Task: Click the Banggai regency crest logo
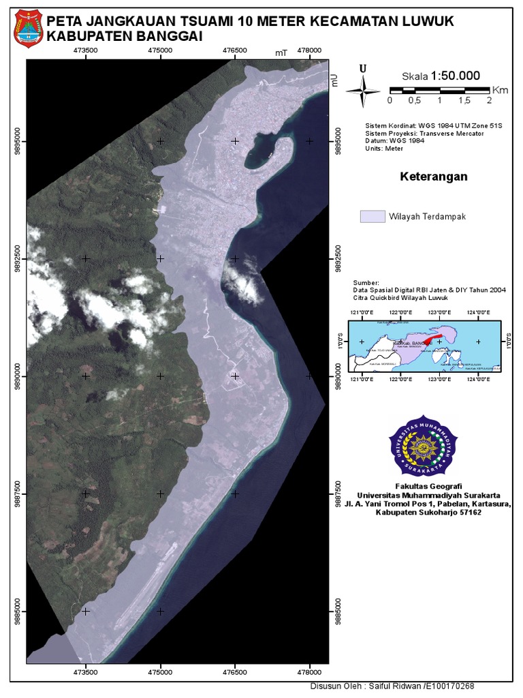pyautogui.click(x=28, y=27)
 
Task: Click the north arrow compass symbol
pyautogui.click(x=363, y=87)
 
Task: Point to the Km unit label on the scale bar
pyautogui.click(x=500, y=89)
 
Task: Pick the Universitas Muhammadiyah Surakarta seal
pyautogui.click(x=424, y=445)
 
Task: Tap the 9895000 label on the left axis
pyautogui.click(x=16, y=141)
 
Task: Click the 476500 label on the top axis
pyautogui.click(x=235, y=50)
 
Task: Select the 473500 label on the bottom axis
pyautogui.click(x=85, y=671)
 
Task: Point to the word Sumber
pyautogui.click(x=366, y=282)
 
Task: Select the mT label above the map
pyautogui.click(x=282, y=52)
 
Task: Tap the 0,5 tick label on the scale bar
pyautogui.click(x=414, y=100)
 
